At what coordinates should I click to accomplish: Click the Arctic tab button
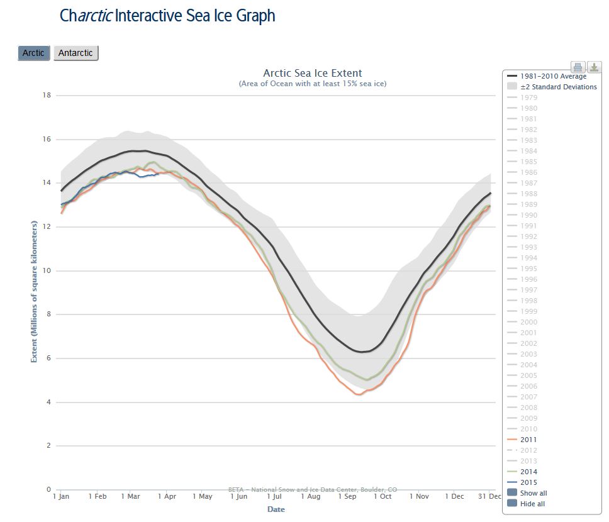click(33, 53)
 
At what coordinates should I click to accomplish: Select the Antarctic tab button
click(75, 53)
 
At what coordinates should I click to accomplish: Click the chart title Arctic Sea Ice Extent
click(312, 73)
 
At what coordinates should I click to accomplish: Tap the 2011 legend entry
click(528, 440)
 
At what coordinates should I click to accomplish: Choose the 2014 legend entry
click(528, 472)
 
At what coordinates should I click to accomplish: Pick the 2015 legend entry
click(528, 482)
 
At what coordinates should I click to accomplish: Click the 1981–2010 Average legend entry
click(553, 76)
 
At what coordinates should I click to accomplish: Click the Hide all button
click(532, 504)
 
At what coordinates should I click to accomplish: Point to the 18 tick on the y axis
click(46, 96)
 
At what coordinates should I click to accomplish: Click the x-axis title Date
click(276, 509)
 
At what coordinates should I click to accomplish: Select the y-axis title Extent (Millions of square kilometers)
click(35, 291)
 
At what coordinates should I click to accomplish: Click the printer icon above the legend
click(578, 67)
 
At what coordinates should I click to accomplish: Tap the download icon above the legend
click(593, 67)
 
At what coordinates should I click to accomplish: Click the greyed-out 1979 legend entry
click(528, 97)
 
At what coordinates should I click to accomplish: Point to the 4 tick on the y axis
click(48, 403)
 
